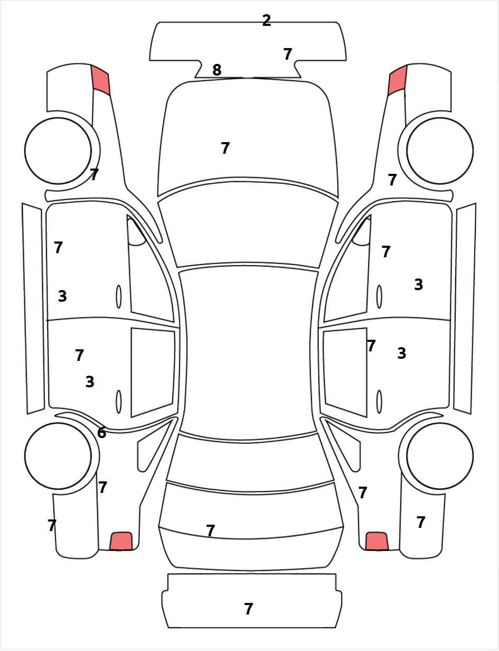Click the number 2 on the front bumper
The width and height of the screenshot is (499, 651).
[x=266, y=21]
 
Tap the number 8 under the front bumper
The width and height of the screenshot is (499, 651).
[x=217, y=70]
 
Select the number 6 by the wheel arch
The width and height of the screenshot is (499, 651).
[x=101, y=433]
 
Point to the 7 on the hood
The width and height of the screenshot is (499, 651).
[x=225, y=148]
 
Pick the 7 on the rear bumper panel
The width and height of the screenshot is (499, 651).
[x=248, y=609]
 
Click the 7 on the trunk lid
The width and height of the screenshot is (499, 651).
[x=210, y=531]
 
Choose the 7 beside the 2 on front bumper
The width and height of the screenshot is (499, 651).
[x=288, y=54]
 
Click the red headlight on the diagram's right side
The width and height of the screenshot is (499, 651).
[x=398, y=80]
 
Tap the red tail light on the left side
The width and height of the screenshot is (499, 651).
[x=121, y=541]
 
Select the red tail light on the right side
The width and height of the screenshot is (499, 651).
[x=377, y=541]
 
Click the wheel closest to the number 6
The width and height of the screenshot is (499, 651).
[x=58, y=456]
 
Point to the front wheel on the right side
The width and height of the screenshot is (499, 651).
[x=440, y=151]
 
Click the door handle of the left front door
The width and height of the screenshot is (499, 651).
[x=118, y=296]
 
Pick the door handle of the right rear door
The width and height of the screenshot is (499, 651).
[x=379, y=402]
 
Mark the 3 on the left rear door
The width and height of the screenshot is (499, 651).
[x=90, y=382]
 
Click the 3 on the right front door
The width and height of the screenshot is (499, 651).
[x=419, y=285]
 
